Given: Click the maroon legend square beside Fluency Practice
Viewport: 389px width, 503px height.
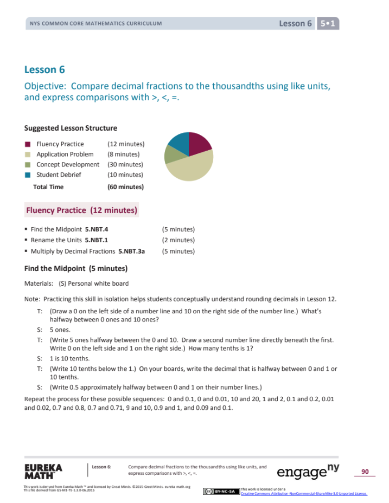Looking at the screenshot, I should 27,144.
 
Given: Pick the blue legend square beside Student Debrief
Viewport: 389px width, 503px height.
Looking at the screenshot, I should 27,175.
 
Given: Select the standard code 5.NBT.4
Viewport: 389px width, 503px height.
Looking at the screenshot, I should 100,229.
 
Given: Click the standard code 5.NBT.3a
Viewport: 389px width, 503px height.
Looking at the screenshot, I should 135,251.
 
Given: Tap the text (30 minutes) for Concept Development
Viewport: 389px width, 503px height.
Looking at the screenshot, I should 125,164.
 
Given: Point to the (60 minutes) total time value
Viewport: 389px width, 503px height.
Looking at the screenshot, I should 125,187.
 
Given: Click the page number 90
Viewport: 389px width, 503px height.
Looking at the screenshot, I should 365,472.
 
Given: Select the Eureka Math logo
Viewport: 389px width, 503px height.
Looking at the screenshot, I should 43,471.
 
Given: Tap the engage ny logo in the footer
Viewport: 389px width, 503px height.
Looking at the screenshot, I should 307,471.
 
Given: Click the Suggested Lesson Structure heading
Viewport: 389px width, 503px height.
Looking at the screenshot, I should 71,128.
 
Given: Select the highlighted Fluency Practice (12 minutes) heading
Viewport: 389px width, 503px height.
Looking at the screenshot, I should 81,210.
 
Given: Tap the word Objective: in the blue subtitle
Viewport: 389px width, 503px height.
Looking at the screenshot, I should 46,86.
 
